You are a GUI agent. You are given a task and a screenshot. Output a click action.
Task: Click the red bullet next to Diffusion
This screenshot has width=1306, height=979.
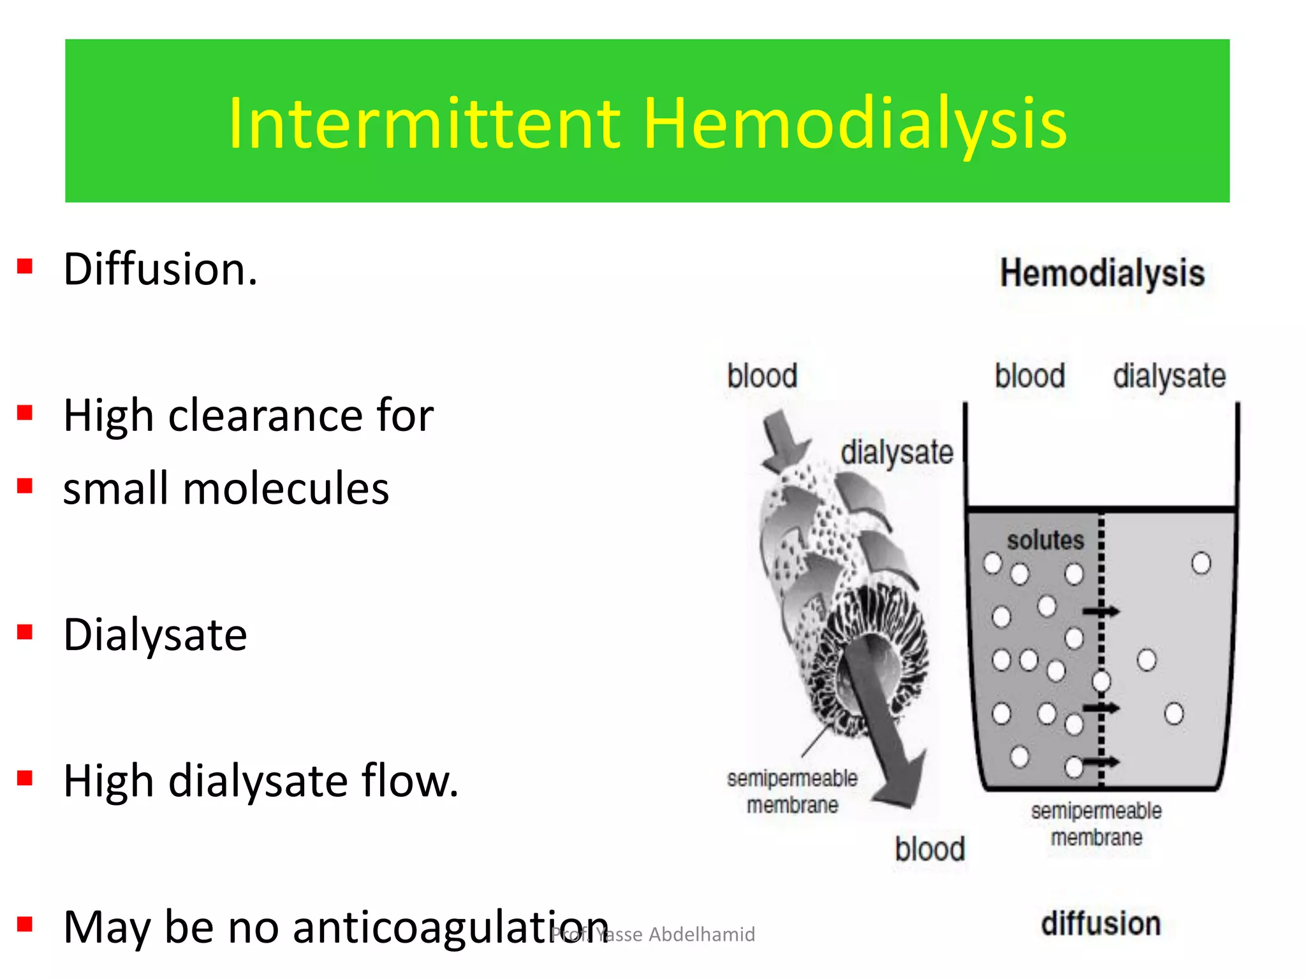pos(25,266)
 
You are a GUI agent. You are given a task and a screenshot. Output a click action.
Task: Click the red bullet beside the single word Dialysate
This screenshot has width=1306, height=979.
pos(25,632)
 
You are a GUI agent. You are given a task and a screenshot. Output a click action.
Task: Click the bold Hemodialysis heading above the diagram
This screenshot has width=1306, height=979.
pos(1102,273)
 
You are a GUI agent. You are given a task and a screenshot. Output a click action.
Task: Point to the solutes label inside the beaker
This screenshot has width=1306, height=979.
pos(1045,540)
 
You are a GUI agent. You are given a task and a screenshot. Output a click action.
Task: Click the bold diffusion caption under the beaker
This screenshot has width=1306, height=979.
pos(1101,924)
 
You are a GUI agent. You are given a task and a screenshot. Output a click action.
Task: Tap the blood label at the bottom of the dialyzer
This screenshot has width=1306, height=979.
pos(930,849)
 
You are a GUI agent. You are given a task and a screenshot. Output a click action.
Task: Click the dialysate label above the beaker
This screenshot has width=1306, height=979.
pos(1169,376)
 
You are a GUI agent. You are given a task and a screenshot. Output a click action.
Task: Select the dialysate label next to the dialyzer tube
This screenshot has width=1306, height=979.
pos(897,453)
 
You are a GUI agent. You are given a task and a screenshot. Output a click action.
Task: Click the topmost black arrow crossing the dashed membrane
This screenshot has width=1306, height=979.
pos(1101,612)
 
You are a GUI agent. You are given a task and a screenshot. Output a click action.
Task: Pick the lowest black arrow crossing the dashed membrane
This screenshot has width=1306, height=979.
pos(1101,761)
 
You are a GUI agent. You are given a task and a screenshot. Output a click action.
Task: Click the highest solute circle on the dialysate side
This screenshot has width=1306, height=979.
pos(1201,563)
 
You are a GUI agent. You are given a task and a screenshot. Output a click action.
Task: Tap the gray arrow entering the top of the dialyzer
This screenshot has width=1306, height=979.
pos(783,440)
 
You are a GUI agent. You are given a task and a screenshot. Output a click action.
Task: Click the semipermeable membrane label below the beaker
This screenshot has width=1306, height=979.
pos(1096,823)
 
